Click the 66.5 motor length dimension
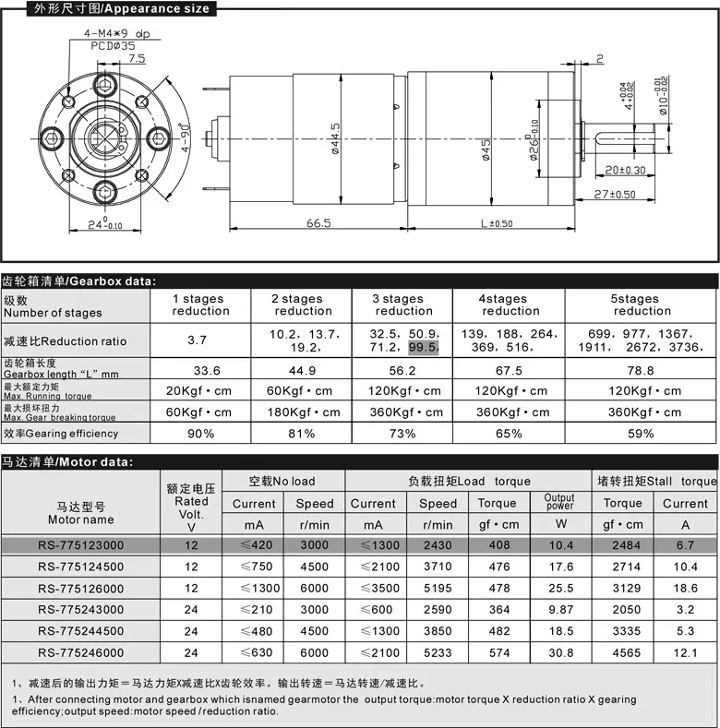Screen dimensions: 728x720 coord(318,222)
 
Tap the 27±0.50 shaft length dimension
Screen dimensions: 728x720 coord(615,194)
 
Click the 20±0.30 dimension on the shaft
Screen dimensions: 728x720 coord(625,170)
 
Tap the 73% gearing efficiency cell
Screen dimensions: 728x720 coord(402,433)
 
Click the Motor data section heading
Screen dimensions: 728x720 coord(68,461)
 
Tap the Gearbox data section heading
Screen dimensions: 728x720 coord(78,280)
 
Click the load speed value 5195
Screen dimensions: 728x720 coord(438,588)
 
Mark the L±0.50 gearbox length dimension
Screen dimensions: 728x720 coord(496,222)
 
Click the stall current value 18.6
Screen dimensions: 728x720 coord(685,588)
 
